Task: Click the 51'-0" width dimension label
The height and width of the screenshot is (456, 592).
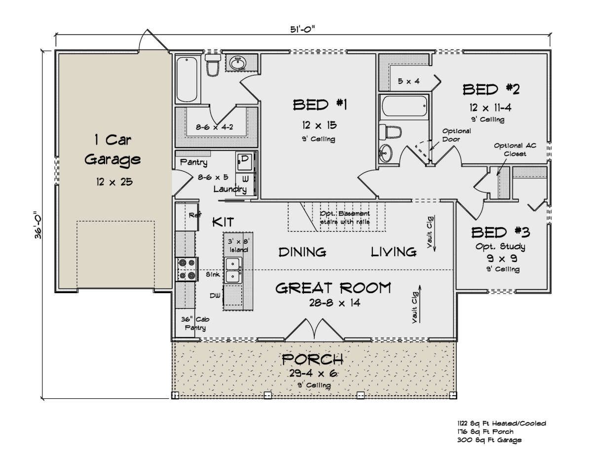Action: pyautogui.click(x=302, y=29)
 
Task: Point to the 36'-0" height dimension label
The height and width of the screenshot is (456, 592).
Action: pyautogui.click(x=38, y=225)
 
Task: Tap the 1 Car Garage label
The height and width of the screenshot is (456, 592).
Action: pyautogui.click(x=113, y=150)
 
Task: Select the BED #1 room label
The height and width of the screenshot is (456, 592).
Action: pyautogui.click(x=320, y=105)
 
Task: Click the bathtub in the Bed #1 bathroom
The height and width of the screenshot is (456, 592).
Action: pyautogui.click(x=186, y=79)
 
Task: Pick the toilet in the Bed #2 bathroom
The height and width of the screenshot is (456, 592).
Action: pyautogui.click(x=390, y=132)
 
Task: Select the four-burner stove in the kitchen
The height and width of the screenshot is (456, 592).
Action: pyautogui.click(x=187, y=269)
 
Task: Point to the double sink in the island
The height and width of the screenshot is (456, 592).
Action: pyautogui.click(x=233, y=270)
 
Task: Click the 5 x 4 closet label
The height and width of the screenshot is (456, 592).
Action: pyautogui.click(x=408, y=81)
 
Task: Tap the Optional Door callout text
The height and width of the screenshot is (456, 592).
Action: pyautogui.click(x=456, y=135)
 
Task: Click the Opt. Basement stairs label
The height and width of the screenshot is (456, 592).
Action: pyautogui.click(x=345, y=218)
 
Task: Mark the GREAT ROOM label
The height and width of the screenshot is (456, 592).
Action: pyautogui.click(x=333, y=288)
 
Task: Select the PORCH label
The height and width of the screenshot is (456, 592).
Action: pyautogui.click(x=312, y=359)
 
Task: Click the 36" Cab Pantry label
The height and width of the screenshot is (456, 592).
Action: pyautogui.click(x=195, y=323)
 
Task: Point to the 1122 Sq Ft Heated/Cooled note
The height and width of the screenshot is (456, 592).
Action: pyautogui.click(x=502, y=423)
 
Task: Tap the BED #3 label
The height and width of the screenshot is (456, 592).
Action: pyautogui.click(x=501, y=232)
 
